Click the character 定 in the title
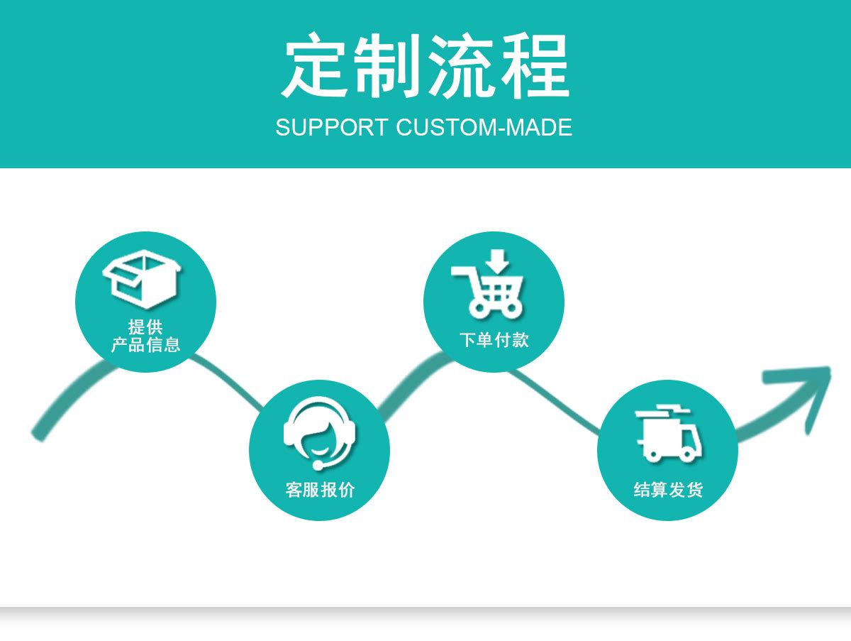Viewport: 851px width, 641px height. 317,67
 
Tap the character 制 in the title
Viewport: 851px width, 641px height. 388,67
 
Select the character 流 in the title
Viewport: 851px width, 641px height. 462,67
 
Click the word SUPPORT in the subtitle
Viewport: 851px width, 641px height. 331,128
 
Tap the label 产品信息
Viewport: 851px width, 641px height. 145,346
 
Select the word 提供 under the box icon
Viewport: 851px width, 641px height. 145,328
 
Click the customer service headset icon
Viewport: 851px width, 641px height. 319,432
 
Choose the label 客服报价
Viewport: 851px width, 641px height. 319,490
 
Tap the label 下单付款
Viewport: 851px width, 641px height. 494,341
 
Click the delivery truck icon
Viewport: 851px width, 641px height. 669,432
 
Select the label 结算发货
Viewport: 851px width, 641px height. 668,490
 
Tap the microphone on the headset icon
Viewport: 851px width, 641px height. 318,466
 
